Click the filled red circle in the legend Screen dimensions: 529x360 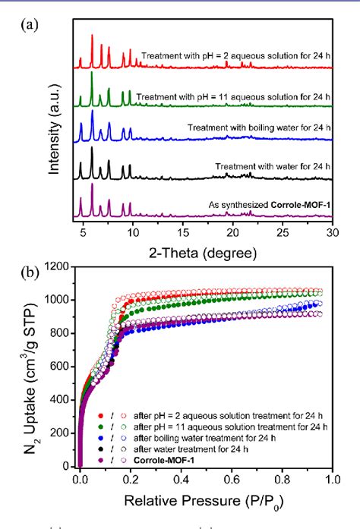(x=99, y=417)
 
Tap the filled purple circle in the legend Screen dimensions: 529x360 (x=99, y=459)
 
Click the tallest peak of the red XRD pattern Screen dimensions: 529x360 (x=92, y=36)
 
